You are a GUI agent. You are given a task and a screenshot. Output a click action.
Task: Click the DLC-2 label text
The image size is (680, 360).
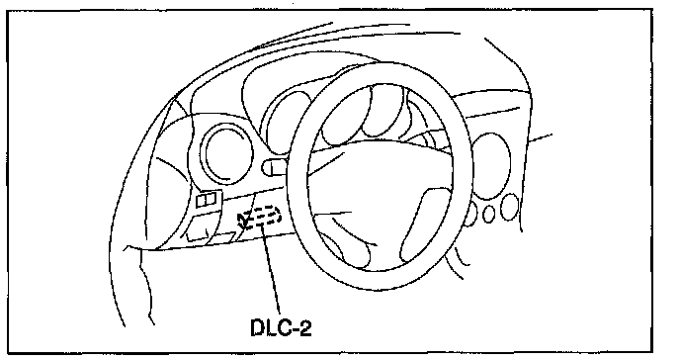pos(281,327)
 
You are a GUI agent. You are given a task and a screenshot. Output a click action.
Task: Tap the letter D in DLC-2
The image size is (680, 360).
pos(257,327)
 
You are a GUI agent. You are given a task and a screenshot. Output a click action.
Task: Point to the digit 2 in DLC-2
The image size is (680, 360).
pos(305,327)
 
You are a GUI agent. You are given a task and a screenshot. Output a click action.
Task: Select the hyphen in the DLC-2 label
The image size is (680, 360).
pos(294,330)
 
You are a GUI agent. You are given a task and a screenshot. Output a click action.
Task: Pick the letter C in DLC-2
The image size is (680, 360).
pos(283,327)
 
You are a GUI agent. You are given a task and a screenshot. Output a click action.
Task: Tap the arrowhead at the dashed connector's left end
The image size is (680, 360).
pos(243,220)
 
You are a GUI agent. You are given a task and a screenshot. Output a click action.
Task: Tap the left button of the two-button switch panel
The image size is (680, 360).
pos(202,201)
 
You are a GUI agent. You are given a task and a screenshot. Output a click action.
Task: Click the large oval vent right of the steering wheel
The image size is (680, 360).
pos(490,166)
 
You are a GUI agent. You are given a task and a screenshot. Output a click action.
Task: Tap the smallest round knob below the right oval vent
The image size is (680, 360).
pos(488,215)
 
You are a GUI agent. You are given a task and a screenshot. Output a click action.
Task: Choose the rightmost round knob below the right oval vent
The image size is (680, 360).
pos(510,207)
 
